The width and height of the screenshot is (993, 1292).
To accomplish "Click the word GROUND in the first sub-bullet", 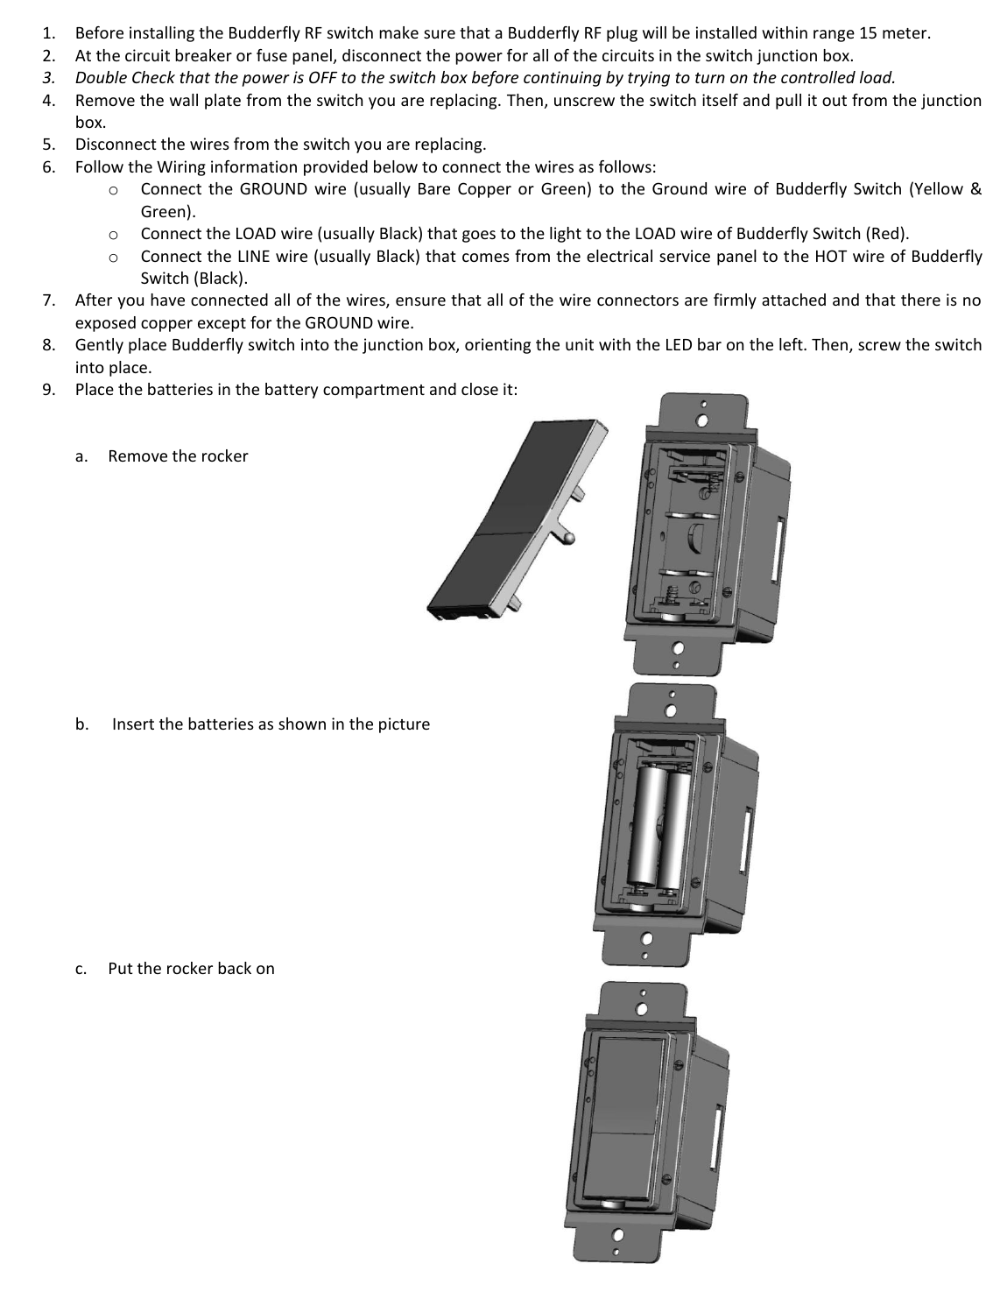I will (273, 189).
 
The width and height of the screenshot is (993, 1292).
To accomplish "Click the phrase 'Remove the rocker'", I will (178, 456).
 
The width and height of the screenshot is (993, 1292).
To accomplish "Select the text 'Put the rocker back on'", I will (191, 969).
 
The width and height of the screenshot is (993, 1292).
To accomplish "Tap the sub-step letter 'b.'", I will (81, 724).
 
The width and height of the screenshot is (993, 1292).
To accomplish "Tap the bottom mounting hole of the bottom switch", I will (617, 1236).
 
